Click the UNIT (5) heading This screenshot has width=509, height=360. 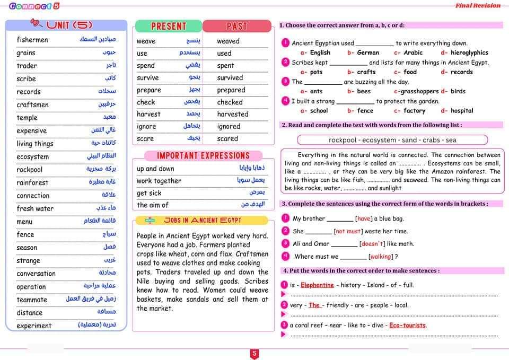69,25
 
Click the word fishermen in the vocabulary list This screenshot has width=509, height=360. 32,40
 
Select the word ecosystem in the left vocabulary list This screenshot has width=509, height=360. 32,156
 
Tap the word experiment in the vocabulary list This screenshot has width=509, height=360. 34,326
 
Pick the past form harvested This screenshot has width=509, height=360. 232,114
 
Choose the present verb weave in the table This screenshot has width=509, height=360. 146,41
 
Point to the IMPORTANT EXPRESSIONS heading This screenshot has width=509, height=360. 203,156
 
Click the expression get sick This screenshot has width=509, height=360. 149,193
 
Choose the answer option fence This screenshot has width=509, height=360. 365,111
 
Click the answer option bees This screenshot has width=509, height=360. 364,91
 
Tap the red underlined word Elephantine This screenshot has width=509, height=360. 317,285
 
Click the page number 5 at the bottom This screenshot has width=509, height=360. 254,354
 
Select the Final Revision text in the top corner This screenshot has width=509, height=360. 478,5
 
